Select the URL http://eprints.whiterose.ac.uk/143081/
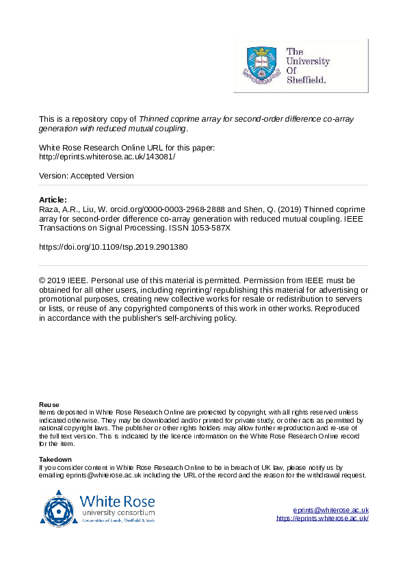[x=107, y=156]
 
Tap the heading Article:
[x=53, y=200]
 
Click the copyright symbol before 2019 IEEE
[x=42, y=280]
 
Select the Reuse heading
[x=49, y=405]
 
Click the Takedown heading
[x=55, y=459]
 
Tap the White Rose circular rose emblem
[x=60, y=508]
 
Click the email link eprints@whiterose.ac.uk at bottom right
[x=331, y=510]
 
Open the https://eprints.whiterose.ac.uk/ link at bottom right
[x=322, y=519]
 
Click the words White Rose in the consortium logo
[x=116, y=499]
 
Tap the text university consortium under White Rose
[x=118, y=512]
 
